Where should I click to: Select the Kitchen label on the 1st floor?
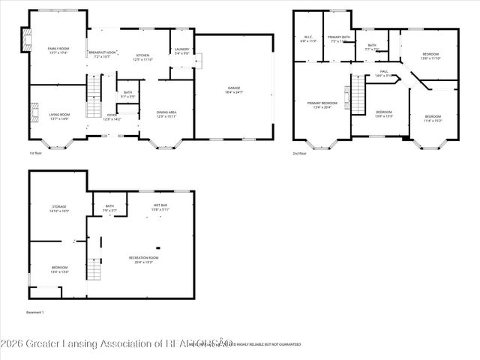[x=142, y=56]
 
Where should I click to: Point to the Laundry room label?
[x=182, y=50]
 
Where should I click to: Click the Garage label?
[x=234, y=89]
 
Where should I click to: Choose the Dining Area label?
[x=166, y=113]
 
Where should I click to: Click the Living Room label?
[x=58, y=115]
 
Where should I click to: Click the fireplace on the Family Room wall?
[x=26, y=42]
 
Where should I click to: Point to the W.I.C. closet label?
[x=308, y=38]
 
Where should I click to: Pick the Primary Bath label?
[x=338, y=38]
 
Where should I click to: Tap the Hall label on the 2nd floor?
[x=383, y=74]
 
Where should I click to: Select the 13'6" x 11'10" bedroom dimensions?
[x=430, y=58]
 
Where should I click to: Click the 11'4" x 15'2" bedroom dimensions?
[x=433, y=119]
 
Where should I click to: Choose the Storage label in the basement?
[x=59, y=208]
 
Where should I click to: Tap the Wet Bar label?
[x=159, y=206]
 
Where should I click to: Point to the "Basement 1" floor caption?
[x=34, y=311]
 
